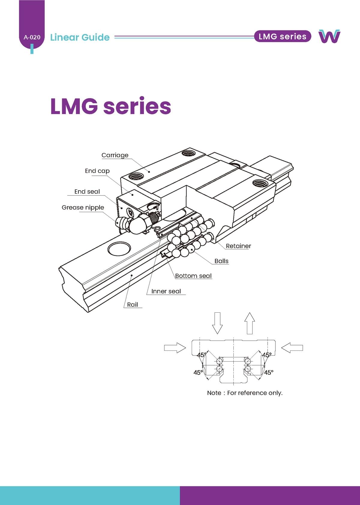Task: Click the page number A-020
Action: pyautogui.click(x=32, y=38)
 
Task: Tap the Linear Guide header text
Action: pyautogui.click(x=80, y=37)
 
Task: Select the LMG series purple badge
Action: pyautogui.click(x=282, y=36)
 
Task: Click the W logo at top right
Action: pyautogui.click(x=329, y=36)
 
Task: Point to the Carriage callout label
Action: pyautogui.click(x=115, y=155)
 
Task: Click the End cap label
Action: pyautogui.click(x=97, y=171)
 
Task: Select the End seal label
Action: pyautogui.click(x=87, y=191)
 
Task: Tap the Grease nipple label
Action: pyautogui.click(x=83, y=207)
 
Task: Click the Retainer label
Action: pyautogui.click(x=238, y=246)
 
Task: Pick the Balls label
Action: pyautogui.click(x=221, y=261)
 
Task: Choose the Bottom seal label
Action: pyautogui.click(x=193, y=276)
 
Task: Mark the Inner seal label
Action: pyautogui.click(x=166, y=291)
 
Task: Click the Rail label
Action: pyautogui.click(x=132, y=305)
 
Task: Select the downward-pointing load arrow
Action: pyautogui.click(x=217, y=323)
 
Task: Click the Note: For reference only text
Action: pyautogui.click(x=245, y=393)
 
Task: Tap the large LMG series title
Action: pyautogui.click(x=110, y=106)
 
